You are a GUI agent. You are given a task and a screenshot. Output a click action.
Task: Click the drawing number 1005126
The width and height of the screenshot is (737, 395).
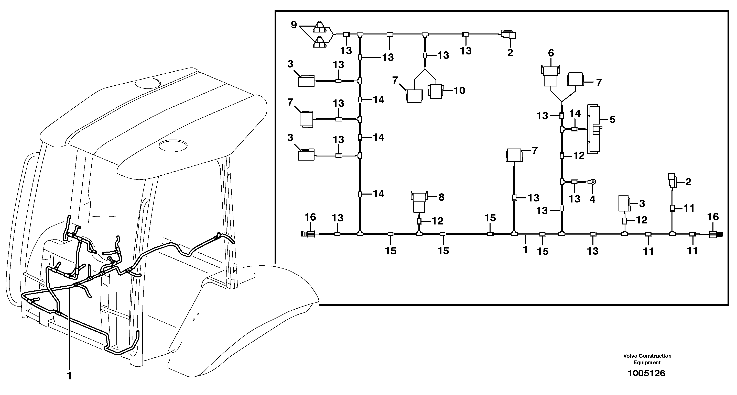[646, 373]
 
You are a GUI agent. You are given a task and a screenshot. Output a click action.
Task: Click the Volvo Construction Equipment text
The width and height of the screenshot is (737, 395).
[647, 359]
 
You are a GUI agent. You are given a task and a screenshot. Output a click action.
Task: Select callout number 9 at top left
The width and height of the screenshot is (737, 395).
[294, 25]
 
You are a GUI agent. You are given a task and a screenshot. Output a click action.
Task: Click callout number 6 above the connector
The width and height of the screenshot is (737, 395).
[551, 53]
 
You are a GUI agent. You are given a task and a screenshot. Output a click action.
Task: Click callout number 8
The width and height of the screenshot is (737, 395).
[441, 197]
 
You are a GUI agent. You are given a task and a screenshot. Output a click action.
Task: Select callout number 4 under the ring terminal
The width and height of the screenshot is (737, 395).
[592, 199]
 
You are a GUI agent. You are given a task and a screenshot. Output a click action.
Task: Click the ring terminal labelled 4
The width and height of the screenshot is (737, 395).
[593, 182]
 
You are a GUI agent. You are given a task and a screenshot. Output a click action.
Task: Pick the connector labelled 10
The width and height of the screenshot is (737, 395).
[436, 91]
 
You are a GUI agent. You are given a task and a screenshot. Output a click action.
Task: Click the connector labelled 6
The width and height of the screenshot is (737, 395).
[550, 76]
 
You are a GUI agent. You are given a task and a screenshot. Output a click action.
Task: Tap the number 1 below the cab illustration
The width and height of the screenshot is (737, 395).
[69, 376]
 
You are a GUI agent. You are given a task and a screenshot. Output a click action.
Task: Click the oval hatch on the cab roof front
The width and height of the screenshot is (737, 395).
[173, 145]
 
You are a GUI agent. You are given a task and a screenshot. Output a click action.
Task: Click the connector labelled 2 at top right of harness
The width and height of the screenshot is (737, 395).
[508, 35]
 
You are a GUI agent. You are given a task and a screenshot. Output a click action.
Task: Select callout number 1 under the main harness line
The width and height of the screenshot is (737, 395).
[525, 249]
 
